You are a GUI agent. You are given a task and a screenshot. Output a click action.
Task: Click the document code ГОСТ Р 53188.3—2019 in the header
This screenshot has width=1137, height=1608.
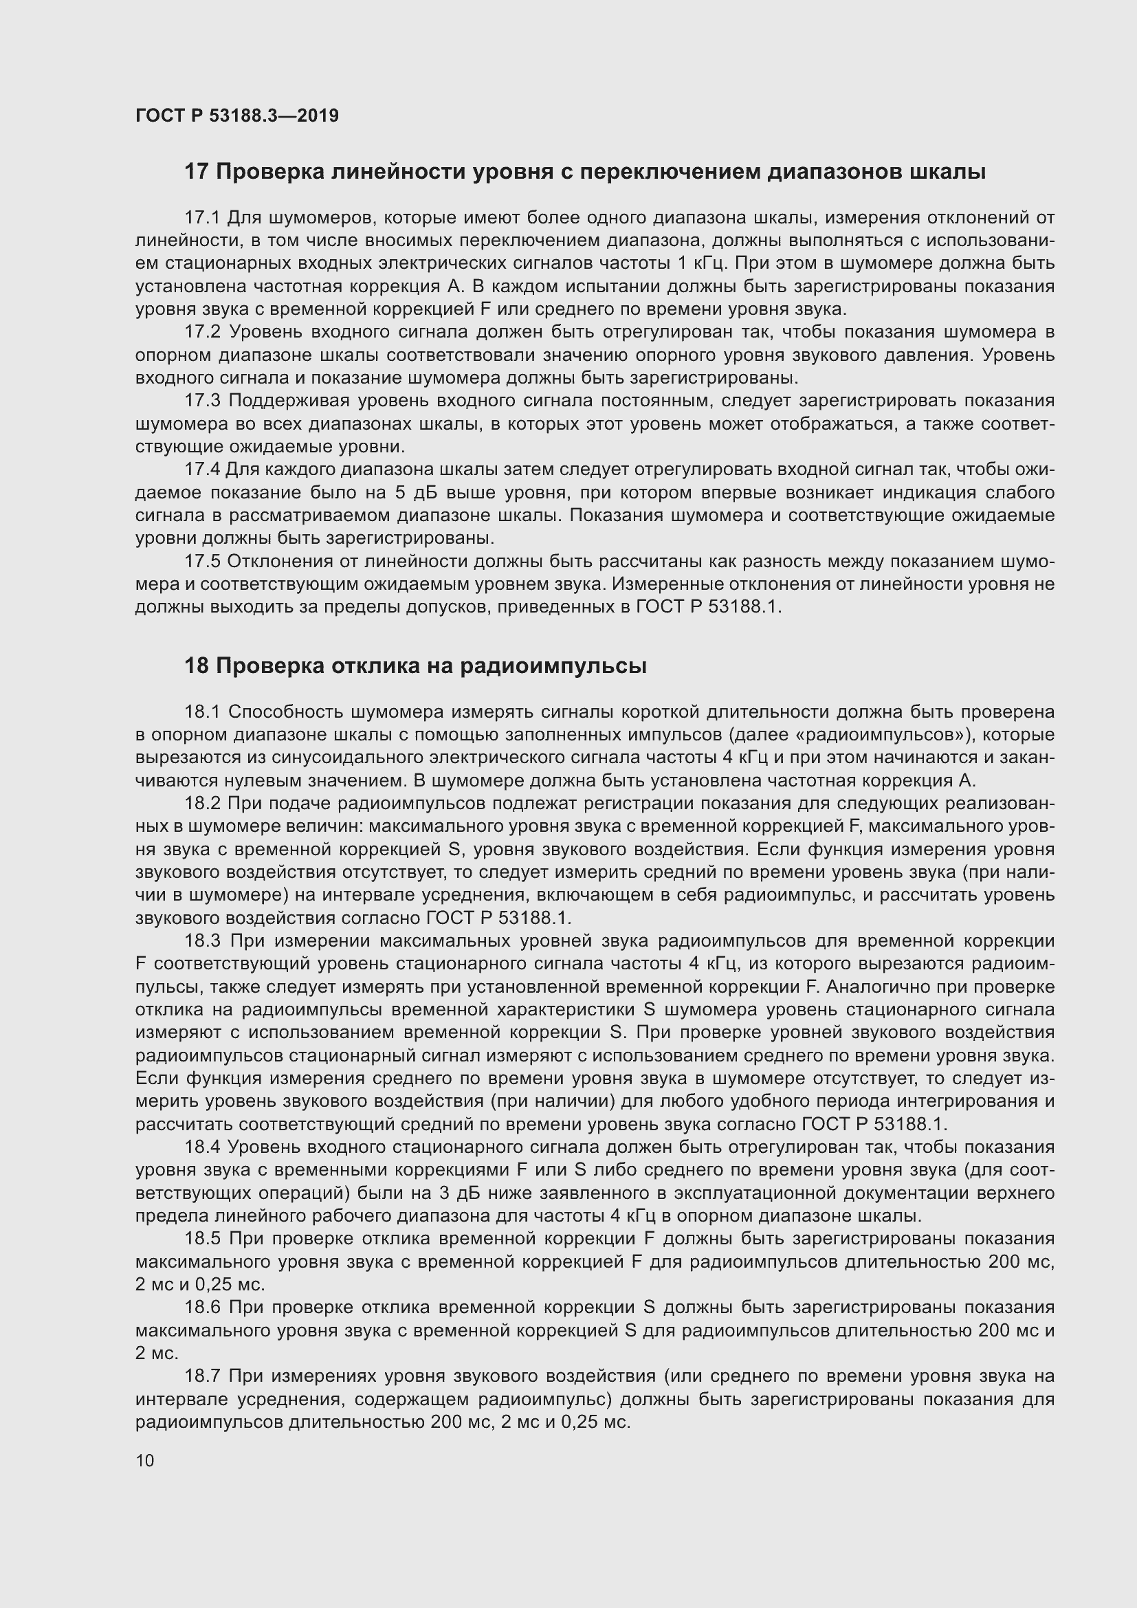[x=236, y=115]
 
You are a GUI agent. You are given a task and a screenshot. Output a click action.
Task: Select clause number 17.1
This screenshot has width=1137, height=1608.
[x=201, y=218]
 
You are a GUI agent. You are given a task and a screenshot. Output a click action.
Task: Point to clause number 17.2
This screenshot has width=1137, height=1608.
[x=202, y=332]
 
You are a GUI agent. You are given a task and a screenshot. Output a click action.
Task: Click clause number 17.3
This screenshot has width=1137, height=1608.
[x=202, y=401]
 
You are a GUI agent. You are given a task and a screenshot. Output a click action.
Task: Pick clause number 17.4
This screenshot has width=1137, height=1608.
[x=201, y=470]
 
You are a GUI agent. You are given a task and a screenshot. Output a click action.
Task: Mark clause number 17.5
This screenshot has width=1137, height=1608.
[x=201, y=561]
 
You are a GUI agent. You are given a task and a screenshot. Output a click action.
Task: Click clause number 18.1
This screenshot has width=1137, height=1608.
[x=201, y=712]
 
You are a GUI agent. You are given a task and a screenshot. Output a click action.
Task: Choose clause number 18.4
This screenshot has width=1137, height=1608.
[x=201, y=1147]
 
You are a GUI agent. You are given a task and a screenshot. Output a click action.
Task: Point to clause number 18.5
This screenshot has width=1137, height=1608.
[x=202, y=1239]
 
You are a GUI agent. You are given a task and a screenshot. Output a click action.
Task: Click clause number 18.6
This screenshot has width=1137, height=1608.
[x=202, y=1308]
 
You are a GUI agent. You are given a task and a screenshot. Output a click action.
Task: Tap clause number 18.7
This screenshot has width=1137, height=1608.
[x=201, y=1376]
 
